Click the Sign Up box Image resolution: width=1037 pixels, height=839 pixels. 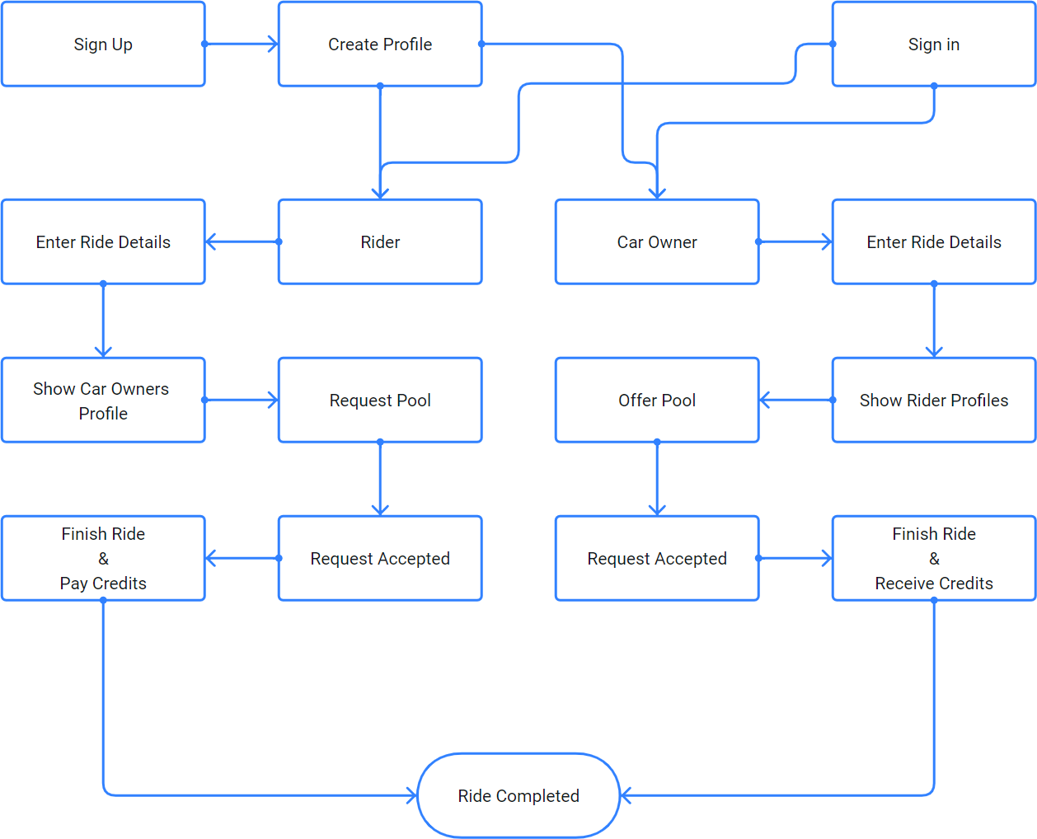pos(103,45)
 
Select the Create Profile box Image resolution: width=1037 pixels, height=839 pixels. pos(380,45)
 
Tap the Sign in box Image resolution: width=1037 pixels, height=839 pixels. pos(933,45)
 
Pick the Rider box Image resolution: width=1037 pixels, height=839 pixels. pos(380,242)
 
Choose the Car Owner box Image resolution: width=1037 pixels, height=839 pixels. pos(657,242)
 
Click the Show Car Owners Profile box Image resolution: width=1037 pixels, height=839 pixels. pos(103,401)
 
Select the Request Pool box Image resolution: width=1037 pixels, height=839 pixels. pos(380,401)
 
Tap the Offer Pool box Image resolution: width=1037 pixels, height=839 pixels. pos(657,401)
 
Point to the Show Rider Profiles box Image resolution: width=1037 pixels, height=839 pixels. pos(933,401)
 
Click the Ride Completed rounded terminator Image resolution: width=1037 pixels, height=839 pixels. pos(518,795)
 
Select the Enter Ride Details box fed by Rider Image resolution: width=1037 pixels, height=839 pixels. pos(103,242)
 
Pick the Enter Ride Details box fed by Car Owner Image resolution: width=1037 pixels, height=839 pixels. pos(933,242)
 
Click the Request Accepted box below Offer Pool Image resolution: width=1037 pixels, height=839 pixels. pos(657,559)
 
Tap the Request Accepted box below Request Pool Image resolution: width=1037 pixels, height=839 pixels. pos(380,559)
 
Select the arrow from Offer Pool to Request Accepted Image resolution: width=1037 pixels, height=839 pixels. pos(657,479)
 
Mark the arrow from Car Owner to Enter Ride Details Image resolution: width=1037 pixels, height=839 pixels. pos(795,241)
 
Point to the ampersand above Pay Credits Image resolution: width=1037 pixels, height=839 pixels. pos(103,559)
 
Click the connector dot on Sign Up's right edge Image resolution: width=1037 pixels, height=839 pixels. pos(204,44)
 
